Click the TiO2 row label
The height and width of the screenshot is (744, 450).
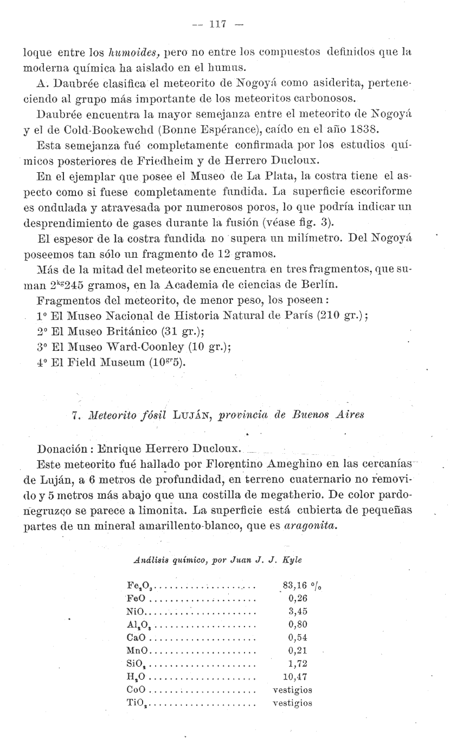point(136,703)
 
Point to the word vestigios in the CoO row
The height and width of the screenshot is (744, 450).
point(293,690)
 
